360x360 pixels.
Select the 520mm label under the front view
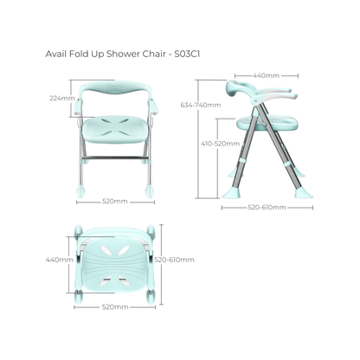(114, 200)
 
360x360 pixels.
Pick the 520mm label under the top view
(114, 307)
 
